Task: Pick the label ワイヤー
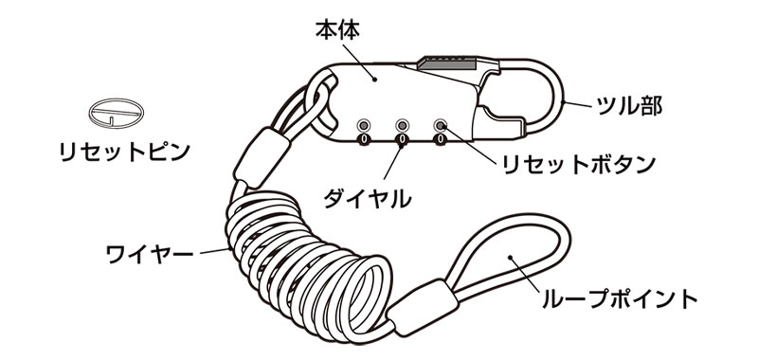pyautogui.click(x=150, y=253)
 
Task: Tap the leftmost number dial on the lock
pyautogui.click(x=364, y=141)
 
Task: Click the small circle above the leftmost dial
pyautogui.click(x=364, y=125)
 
